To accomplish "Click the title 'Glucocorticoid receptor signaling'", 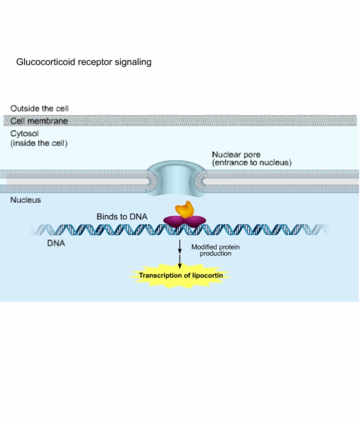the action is pyautogui.click(x=84, y=62).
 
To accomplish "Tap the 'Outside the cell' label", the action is pyautogui.click(x=39, y=108).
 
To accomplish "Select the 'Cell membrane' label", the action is pyautogui.click(x=39, y=121).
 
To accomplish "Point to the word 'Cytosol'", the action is pyautogui.click(x=25, y=134).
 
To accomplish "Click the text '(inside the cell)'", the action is pyautogui.click(x=39, y=143).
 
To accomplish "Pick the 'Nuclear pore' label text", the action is pyautogui.click(x=236, y=154).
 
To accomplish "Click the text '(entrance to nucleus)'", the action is pyautogui.click(x=252, y=162).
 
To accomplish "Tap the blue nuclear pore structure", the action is pyautogui.click(x=176, y=179).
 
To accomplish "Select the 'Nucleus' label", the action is pyautogui.click(x=25, y=200).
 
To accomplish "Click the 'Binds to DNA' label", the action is pyautogui.click(x=122, y=217).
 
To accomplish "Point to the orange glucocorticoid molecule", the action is pyautogui.click(x=184, y=210).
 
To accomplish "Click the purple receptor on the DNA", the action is pyautogui.click(x=185, y=221).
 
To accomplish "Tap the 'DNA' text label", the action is pyautogui.click(x=56, y=243).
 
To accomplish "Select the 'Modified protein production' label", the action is pyautogui.click(x=216, y=250).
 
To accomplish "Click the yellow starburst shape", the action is pyautogui.click(x=180, y=276).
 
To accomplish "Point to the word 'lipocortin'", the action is pyautogui.click(x=208, y=275).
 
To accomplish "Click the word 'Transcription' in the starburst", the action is pyautogui.click(x=161, y=275).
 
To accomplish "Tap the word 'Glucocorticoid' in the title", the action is pyautogui.click(x=45, y=62).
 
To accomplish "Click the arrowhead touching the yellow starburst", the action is pyautogui.click(x=180, y=266).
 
